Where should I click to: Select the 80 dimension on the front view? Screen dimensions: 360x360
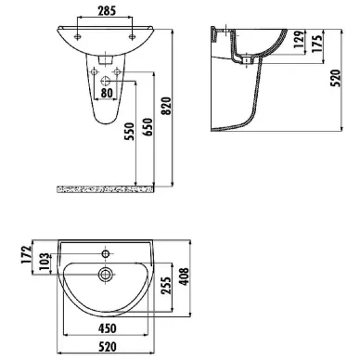click(x=109, y=92)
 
